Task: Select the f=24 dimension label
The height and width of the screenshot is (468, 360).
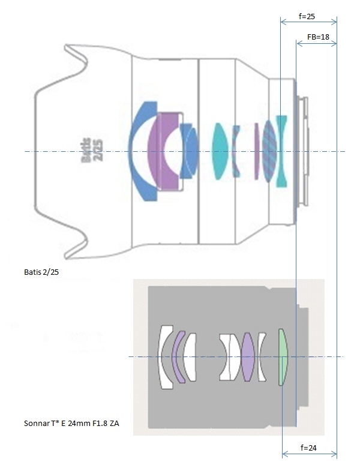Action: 308,447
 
